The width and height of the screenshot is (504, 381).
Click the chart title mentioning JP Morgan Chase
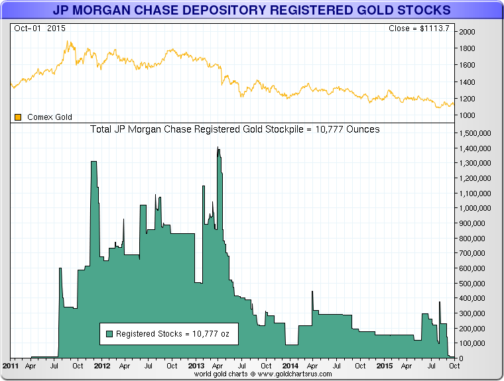pyautogui.click(x=251, y=10)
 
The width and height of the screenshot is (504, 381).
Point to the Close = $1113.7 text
pyautogui.click(x=420, y=28)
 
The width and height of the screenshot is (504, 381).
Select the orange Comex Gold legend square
pyautogui.click(x=18, y=117)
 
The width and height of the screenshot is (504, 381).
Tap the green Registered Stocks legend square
pyautogui.click(x=109, y=335)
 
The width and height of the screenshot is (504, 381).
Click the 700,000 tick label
pyautogui.click(x=473, y=253)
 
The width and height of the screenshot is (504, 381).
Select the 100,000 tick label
pyautogui.click(x=473, y=343)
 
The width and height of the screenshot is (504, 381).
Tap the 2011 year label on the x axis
pyautogui.click(x=11, y=366)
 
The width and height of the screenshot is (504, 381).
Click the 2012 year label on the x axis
pyautogui.click(x=102, y=366)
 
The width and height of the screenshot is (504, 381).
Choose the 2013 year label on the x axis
pyautogui.click(x=196, y=366)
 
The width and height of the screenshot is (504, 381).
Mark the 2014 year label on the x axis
pyautogui.click(x=290, y=366)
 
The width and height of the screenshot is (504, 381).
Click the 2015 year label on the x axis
pyautogui.click(x=384, y=366)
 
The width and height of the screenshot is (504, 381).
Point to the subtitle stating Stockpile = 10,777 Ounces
pyautogui.click(x=235, y=129)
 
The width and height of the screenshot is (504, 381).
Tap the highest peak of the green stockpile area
pyautogui.click(x=218, y=148)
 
